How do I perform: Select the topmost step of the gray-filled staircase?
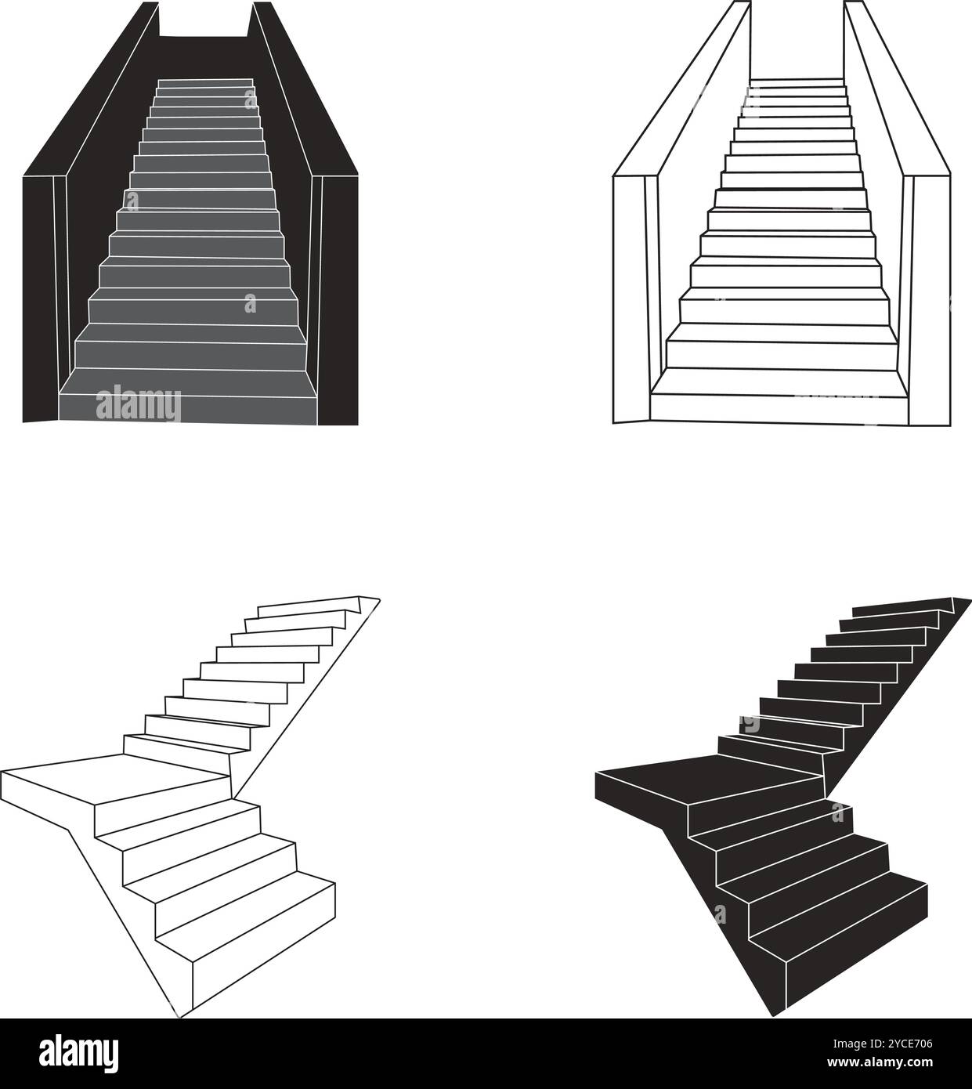coord(205,82)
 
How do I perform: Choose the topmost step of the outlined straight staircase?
coord(797,82)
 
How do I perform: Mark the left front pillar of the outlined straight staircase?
coord(629,298)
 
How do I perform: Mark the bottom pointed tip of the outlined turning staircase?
coord(180,1016)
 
